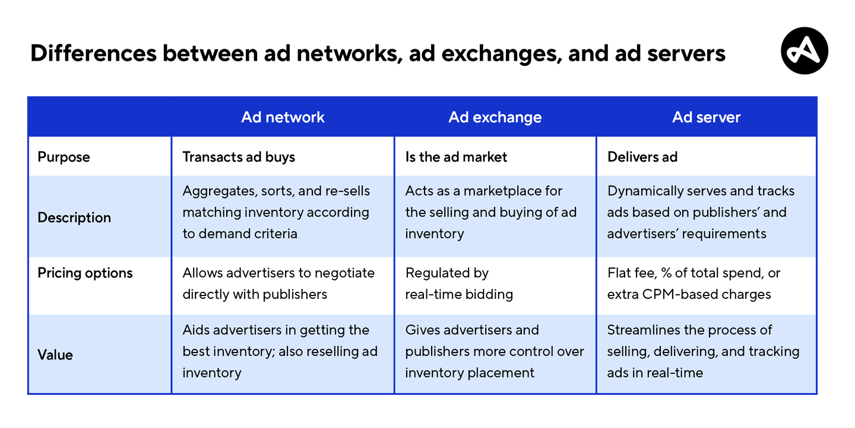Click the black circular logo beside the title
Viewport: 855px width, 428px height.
[x=804, y=51]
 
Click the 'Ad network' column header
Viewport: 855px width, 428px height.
[x=283, y=117]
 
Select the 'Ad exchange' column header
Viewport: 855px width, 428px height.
[x=495, y=117]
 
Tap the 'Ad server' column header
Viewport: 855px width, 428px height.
[x=706, y=117]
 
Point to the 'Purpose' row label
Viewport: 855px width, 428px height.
[x=64, y=157]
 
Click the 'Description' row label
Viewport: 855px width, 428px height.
[x=74, y=218]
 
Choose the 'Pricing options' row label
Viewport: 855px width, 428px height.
[x=85, y=273]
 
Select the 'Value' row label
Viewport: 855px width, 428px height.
[x=55, y=355]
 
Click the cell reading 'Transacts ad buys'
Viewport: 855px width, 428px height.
[x=239, y=157]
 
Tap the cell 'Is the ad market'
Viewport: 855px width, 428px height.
[x=456, y=157]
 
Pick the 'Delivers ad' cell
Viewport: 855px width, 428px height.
[x=642, y=157]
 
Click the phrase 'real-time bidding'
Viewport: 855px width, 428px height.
[x=459, y=294]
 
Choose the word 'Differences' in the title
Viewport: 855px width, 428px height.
[x=94, y=53]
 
